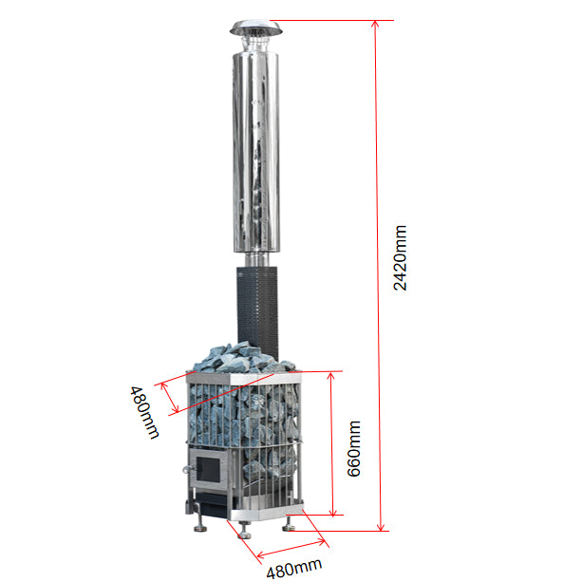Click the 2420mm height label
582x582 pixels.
(x=400, y=257)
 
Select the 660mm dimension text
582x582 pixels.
(x=354, y=448)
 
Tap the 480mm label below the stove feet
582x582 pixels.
(x=294, y=568)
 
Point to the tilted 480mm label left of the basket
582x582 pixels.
(x=144, y=412)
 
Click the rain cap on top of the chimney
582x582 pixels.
(x=255, y=28)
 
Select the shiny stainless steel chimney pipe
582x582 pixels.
(x=256, y=152)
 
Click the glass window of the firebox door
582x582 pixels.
(x=208, y=469)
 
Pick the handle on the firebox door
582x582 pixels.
(x=188, y=469)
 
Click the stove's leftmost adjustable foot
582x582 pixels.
(x=200, y=526)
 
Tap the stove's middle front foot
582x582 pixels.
(x=244, y=531)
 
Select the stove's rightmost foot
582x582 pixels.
(x=289, y=523)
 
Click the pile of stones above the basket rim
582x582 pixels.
(x=244, y=357)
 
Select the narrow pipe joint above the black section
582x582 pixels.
(x=256, y=259)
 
